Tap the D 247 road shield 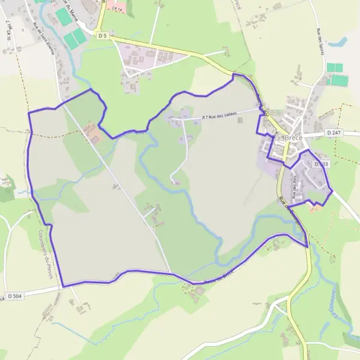(x=335, y=132)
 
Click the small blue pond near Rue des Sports (x=339, y=43)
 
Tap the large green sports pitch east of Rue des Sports (x=340, y=80)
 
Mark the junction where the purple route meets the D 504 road (x=62, y=286)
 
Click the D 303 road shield (x=321, y=163)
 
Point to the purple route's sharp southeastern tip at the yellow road (x=307, y=247)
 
